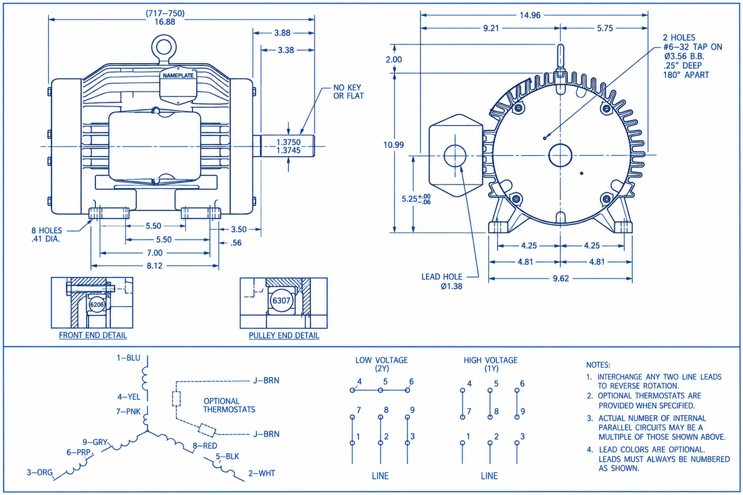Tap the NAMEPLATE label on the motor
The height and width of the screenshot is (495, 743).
[x=178, y=75]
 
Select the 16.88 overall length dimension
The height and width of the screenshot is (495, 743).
[x=165, y=22]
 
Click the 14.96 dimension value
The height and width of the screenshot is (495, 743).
[x=530, y=15]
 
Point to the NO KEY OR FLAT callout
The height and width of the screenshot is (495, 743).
[x=348, y=92]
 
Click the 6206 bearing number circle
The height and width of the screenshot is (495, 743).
[x=97, y=304]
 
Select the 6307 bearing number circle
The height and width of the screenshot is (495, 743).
[x=281, y=300]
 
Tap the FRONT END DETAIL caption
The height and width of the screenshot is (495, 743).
[x=93, y=335]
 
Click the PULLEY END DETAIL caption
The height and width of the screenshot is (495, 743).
[x=284, y=335]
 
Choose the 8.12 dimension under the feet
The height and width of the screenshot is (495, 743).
[x=155, y=266]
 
